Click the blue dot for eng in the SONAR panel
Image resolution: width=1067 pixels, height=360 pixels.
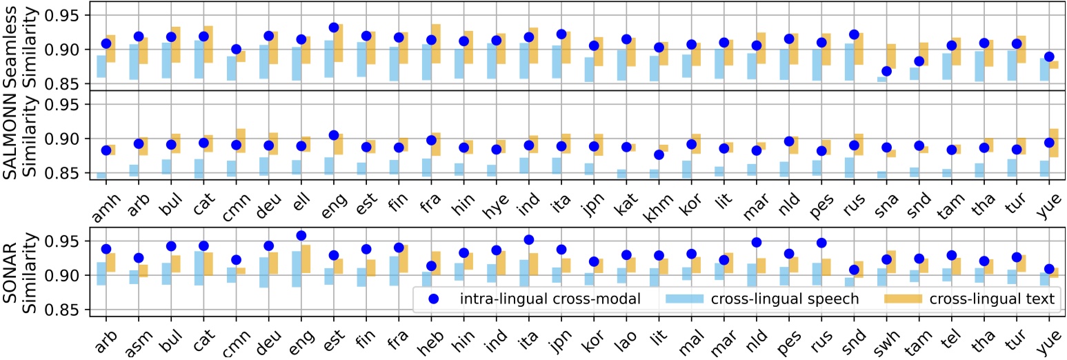point(301,236)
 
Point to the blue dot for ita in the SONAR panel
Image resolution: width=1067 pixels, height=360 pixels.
point(529,240)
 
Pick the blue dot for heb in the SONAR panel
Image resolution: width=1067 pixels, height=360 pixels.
point(432,266)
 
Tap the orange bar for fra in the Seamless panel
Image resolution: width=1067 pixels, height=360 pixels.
point(436,43)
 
